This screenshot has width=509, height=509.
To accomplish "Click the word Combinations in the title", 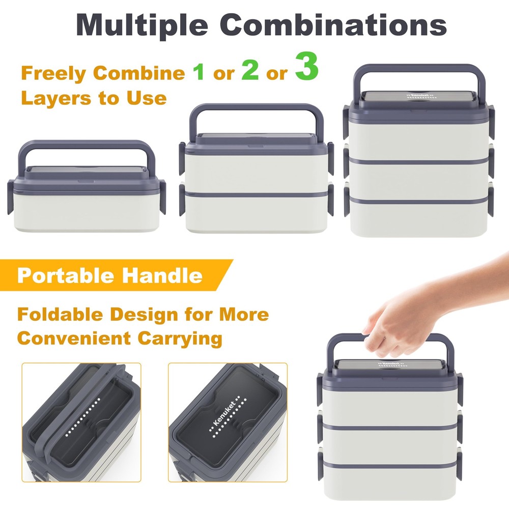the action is pos(335,24).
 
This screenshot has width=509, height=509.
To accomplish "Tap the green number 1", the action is pos(198,72).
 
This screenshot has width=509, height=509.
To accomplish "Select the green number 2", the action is pos(250,70).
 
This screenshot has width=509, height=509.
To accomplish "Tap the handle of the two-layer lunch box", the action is pos(256,109).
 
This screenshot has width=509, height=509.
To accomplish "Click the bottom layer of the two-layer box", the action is pos(257,214).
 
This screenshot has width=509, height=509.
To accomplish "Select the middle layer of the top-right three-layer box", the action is pos(418,179).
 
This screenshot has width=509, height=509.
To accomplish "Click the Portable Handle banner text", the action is pos(110,275).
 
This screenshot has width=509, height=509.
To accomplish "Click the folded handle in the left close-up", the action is pos(75,419).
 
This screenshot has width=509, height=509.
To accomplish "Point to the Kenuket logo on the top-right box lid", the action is pos(418,95).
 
